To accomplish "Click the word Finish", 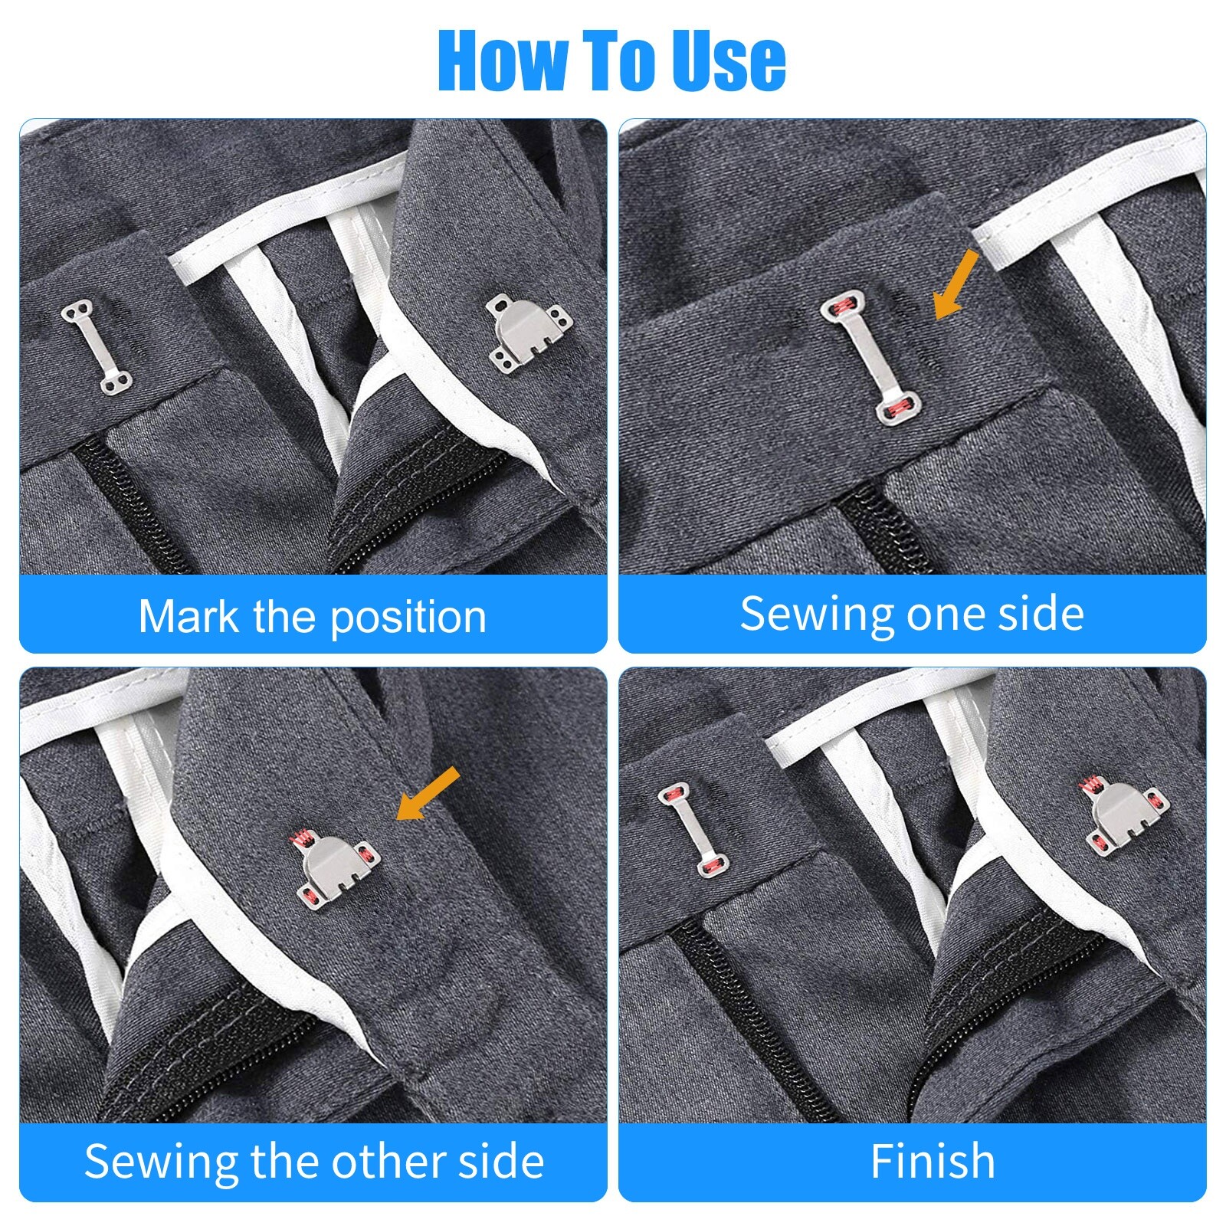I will point(933,1161).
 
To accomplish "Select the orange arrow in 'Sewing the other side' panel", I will point(428,794).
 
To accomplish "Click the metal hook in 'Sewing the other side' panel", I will point(336,870).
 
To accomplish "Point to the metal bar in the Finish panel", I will point(693,828).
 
